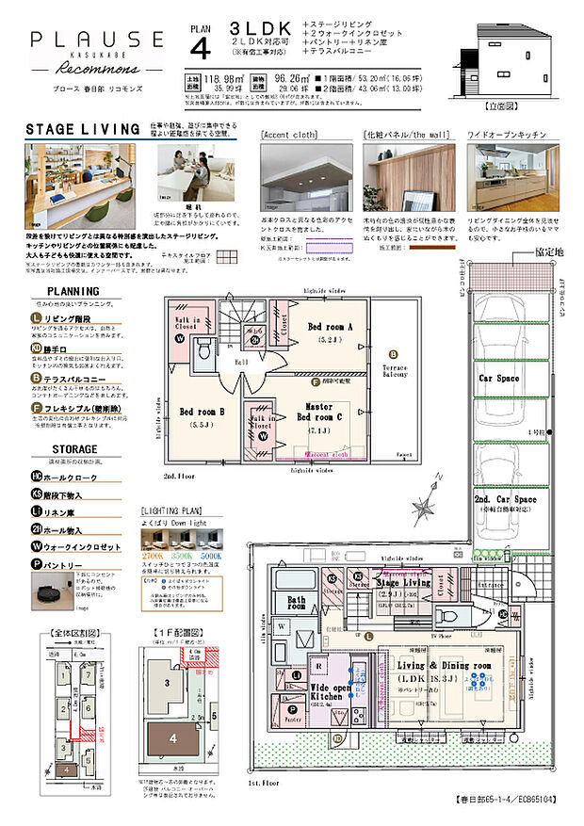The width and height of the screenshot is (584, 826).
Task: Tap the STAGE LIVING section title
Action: tap(72, 129)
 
